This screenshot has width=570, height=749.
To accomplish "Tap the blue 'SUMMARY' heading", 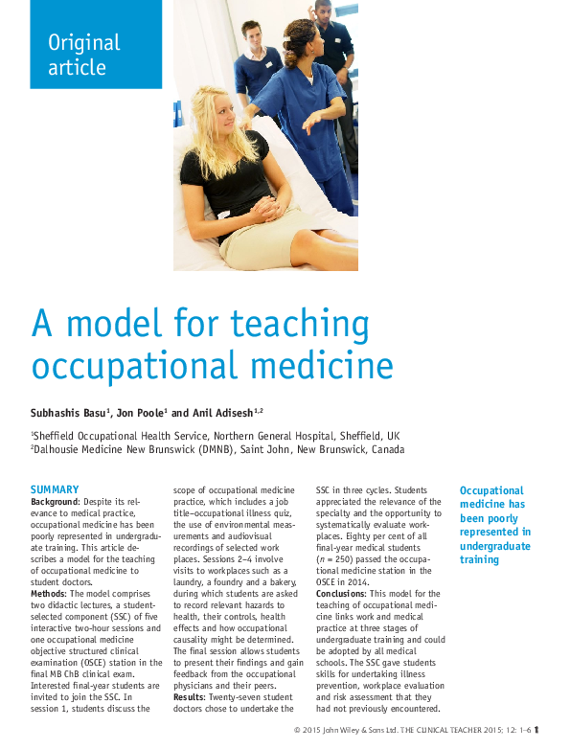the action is (55, 490).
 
